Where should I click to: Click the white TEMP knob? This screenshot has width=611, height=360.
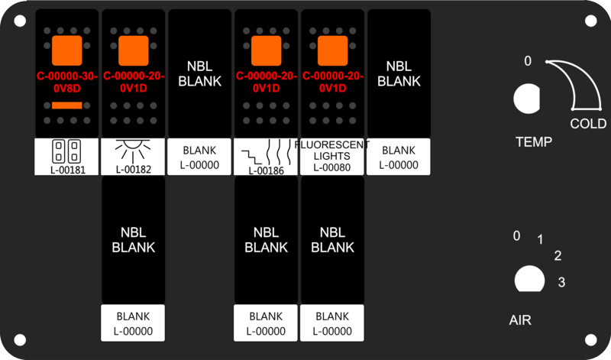tap(526, 99)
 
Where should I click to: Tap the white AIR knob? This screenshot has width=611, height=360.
tap(529, 279)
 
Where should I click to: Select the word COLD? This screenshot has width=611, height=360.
tap(588, 124)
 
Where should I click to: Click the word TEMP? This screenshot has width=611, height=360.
tap(534, 142)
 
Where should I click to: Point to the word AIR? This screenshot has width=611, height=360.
tap(520, 320)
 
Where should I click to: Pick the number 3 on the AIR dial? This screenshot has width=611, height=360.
tap(561, 282)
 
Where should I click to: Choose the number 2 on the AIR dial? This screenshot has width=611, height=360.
tap(558, 256)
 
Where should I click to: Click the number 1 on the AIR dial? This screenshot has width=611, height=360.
tap(540, 239)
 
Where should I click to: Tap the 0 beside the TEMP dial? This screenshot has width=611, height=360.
tap(528, 61)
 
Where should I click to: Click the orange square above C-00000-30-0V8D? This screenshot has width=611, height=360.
tap(67, 50)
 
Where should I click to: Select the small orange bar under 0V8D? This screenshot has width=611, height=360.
tap(67, 105)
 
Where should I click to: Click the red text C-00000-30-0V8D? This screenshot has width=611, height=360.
tap(67, 82)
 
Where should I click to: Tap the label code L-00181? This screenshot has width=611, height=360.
tap(68, 170)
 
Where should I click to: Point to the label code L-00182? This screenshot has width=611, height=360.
tap(134, 170)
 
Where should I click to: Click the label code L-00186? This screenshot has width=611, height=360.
tap(266, 171)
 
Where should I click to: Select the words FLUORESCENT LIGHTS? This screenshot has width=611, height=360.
tap(332, 151)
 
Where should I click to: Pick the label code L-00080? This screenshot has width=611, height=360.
tap(332, 167)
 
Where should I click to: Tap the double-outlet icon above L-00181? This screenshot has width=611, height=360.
tap(66, 151)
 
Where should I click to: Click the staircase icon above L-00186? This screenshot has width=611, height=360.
tap(252, 157)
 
